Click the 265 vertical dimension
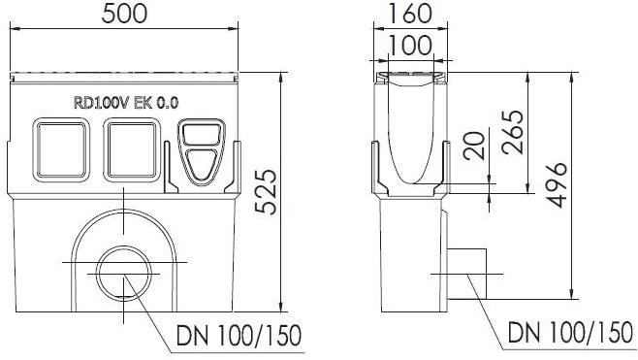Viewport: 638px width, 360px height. tap(515, 131)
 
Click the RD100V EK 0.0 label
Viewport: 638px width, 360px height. tap(126, 101)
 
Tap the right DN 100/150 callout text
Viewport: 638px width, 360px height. tap(566, 336)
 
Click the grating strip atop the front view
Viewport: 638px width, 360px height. tap(124, 76)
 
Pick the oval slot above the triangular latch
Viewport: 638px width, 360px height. tap(201, 137)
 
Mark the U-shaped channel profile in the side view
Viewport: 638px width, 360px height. tap(410, 136)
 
